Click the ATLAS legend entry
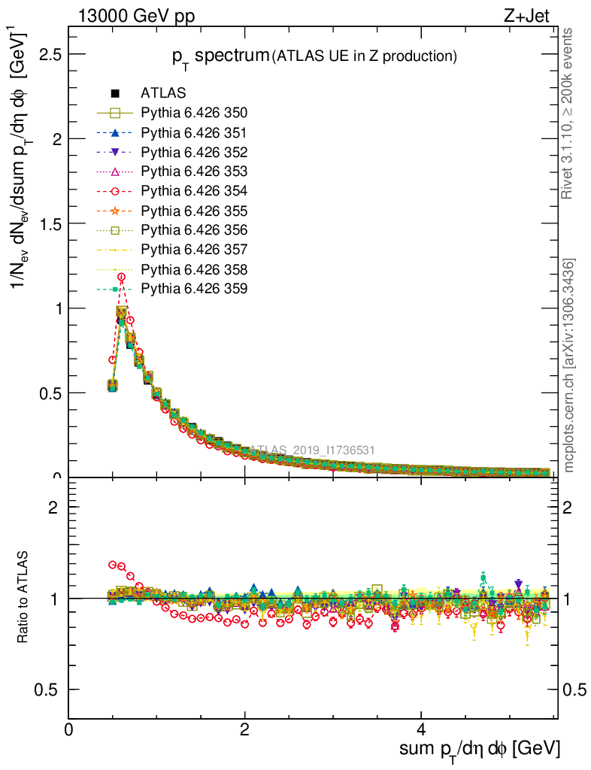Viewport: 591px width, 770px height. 163,94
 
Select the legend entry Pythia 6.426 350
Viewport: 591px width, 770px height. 194,114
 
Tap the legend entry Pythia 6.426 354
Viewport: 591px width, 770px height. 194,191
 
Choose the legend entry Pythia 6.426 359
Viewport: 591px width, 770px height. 194,289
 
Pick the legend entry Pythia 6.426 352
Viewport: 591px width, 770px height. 194,153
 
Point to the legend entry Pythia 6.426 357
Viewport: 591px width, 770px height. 194,250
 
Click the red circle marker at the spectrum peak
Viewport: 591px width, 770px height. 121,277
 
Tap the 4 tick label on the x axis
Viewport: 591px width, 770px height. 421,730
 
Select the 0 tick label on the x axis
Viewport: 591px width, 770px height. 69,730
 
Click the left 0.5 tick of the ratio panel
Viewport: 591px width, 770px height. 48,690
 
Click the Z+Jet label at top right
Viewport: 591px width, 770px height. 535,16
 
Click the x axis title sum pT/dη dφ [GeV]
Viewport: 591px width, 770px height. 479,749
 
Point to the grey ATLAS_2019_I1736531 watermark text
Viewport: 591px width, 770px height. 312,450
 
